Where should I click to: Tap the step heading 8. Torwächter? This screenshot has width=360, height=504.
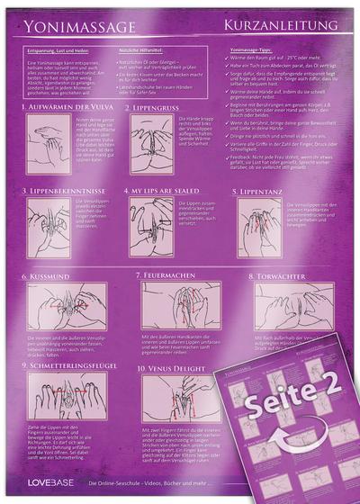click(271, 274)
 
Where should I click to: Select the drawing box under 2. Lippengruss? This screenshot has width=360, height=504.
click(150, 143)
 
